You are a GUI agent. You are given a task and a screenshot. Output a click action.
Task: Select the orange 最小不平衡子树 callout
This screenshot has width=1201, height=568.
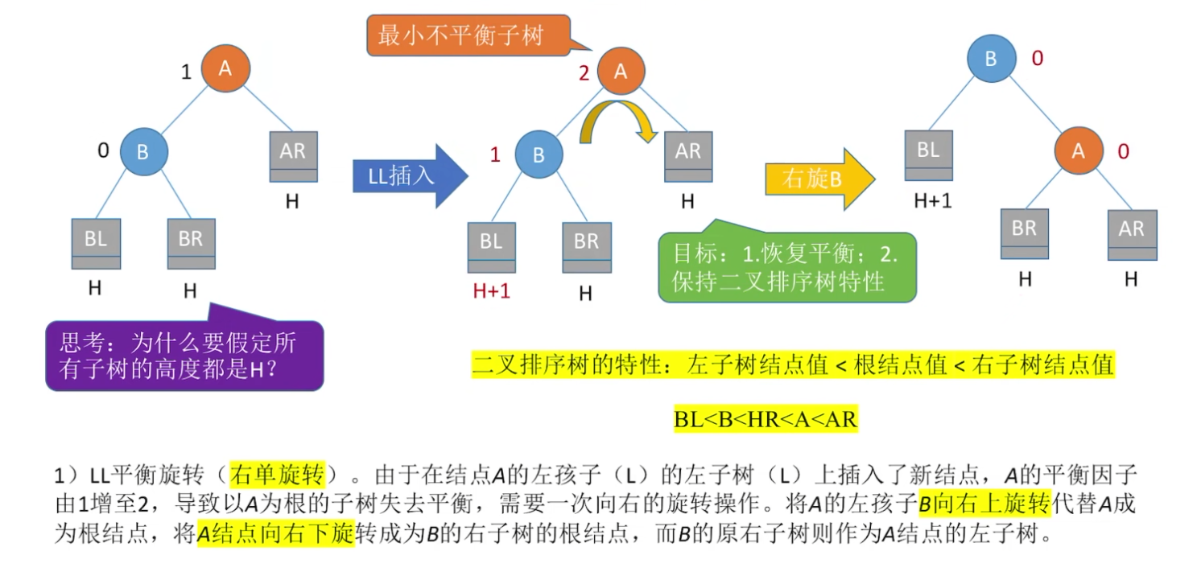pyautogui.click(x=467, y=35)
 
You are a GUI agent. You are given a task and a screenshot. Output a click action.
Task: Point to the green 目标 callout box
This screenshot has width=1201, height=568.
pyautogui.click(x=786, y=267)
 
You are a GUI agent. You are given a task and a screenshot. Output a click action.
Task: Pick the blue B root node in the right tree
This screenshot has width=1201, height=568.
pyautogui.click(x=991, y=59)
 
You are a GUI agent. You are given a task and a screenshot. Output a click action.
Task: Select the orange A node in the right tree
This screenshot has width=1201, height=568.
pyautogui.click(x=1079, y=150)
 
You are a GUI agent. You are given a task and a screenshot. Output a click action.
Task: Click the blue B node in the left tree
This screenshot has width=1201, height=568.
pyautogui.click(x=143, y=151)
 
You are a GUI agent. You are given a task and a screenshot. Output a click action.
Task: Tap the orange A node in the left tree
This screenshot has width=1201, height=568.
pyautogui.click(x=225, y=68)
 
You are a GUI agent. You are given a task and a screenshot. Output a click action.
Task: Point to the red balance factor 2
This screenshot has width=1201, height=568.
pyautogui.click(x=584, y=74)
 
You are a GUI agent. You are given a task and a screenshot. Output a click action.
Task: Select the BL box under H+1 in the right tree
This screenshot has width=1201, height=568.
pyautogui.click(x=928, y=154)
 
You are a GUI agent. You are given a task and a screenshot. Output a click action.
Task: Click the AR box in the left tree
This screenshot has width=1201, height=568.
pyautogui.click(x=292, y=156)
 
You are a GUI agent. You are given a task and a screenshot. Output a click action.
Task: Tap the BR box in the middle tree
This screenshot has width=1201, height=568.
pyautogui.click(x=586, y=247)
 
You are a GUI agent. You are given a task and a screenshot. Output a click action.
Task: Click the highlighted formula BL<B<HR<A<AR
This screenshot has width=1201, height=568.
pyautogui.click(x=766, y=418)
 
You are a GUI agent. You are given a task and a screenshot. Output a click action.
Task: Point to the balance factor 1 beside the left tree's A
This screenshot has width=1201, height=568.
pyautogui.click(x=186, y=72)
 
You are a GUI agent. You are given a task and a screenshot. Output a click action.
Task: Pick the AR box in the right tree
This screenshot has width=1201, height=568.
pyautogui.click(x=1131, y=234)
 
